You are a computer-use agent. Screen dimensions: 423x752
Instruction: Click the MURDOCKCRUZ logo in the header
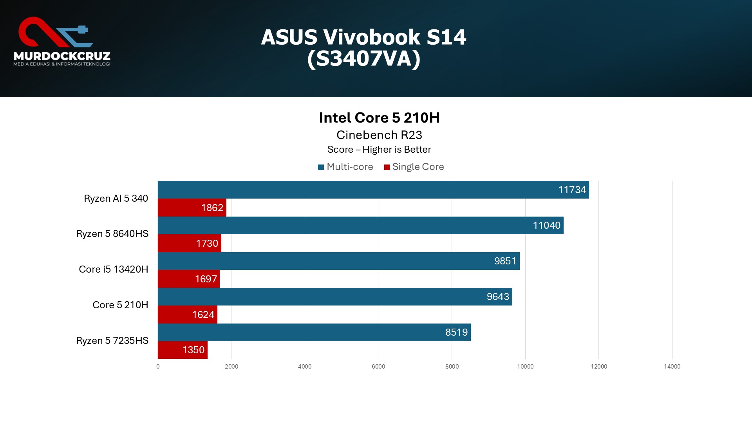click(x=62, y=42)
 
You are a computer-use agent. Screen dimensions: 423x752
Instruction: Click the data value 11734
click(x=572, y=190)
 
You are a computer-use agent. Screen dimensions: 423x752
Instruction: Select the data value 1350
click(x=193, y=350)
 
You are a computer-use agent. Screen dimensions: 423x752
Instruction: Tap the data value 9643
click(x=498, y=297)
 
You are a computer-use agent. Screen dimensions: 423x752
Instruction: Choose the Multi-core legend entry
click(x=345, y=167)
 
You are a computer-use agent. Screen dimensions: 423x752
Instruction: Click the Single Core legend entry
click(x=414, y=167)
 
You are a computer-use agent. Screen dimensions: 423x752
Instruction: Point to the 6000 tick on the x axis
click(x=378, y=367)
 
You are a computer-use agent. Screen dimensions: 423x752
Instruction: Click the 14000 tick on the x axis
click(x=672, y=367)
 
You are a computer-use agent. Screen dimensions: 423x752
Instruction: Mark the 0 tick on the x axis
click(x=158, y=367)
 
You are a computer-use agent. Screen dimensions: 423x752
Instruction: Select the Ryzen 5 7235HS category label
click(x=112, y=341)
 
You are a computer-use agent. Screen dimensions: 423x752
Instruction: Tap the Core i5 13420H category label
click(x=114, y=269)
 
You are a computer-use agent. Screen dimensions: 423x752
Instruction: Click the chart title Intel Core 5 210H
click(x=379, y=118)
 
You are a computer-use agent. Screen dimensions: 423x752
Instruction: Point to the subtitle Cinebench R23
click(x=379, y=135)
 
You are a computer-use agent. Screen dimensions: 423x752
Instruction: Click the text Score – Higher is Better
click(x=379, y=150)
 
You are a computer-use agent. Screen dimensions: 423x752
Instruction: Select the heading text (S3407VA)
click(x=364, y=59)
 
